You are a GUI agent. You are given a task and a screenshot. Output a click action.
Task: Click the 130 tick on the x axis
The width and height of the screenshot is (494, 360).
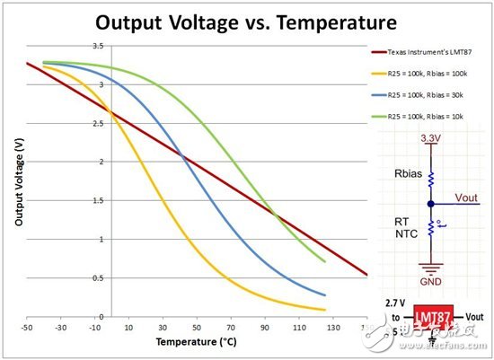[332, 329]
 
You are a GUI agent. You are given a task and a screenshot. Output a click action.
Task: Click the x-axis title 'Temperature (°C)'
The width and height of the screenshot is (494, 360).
[190, 342]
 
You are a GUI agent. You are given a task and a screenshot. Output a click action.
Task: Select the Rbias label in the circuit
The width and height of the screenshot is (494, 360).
[404, 176]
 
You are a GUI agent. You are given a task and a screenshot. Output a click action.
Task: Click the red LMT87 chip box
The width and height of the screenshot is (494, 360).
[436, 318]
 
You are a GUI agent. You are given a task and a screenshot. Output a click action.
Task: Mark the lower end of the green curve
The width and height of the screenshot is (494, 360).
[323, 261]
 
